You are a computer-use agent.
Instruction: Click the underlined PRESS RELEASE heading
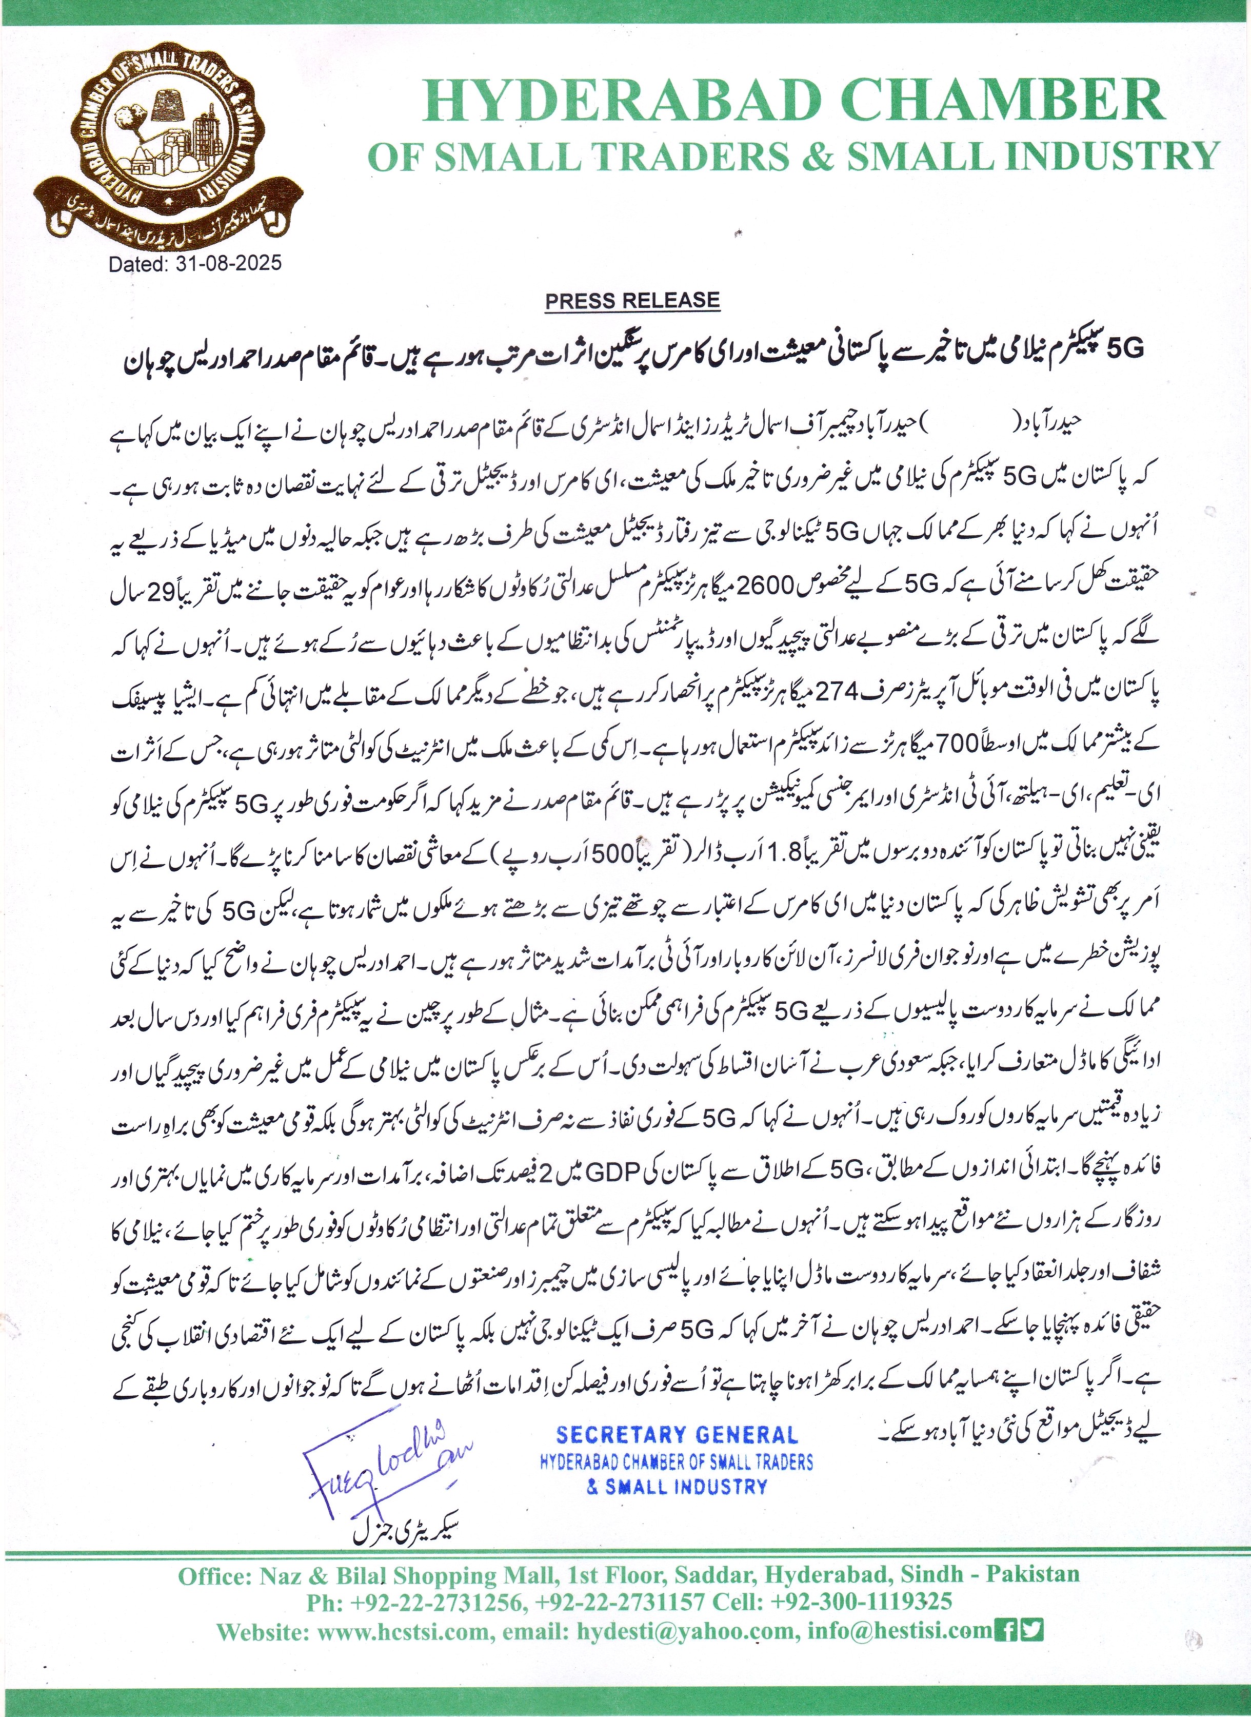[x=632, y=301]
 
